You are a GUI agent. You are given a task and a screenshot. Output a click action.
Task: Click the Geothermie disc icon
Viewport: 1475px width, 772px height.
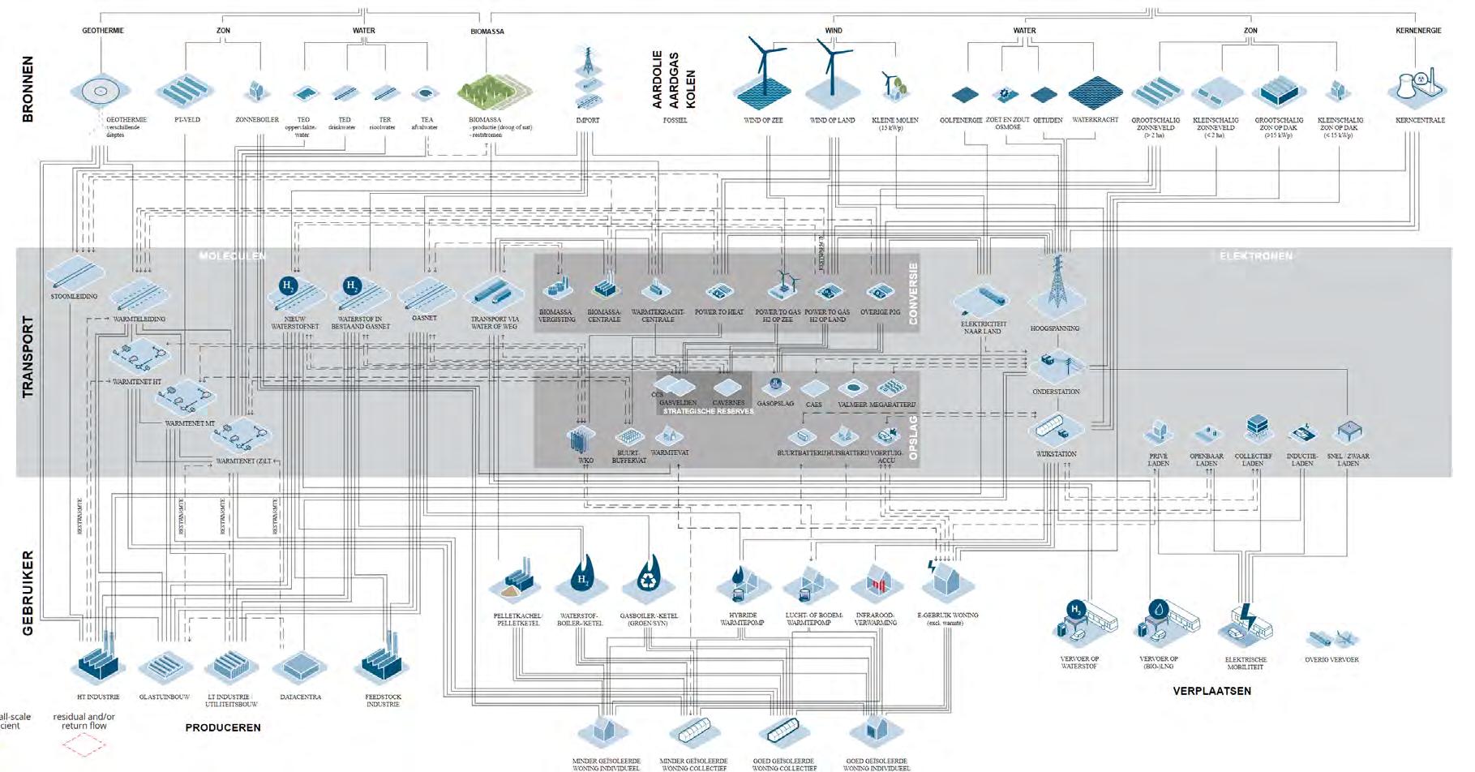101,92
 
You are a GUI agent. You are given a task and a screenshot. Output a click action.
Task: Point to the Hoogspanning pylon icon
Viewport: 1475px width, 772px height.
1057,288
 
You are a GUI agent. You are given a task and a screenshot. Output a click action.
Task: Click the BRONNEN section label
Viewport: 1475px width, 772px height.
28,88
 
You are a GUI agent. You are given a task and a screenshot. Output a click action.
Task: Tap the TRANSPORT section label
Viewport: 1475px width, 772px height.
28,356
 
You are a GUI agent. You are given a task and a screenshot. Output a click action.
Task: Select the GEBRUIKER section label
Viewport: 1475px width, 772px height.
28,593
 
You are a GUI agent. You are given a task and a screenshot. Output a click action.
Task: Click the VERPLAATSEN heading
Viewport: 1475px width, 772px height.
1211,691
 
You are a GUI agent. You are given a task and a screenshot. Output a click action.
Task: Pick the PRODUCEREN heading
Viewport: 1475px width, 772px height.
223,727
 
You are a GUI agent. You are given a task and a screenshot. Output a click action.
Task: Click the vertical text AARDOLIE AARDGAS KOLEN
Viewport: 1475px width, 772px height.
674,79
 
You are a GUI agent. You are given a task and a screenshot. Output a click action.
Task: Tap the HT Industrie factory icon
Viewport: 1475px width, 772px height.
98,665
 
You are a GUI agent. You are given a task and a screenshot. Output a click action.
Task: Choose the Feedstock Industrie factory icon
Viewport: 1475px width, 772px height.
382,665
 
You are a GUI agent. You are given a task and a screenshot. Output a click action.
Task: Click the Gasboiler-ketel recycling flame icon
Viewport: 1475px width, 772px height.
649,581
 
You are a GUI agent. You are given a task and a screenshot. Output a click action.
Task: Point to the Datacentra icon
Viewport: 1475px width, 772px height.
300,667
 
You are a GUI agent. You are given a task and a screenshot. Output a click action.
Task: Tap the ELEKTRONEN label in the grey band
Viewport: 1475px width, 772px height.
1255,256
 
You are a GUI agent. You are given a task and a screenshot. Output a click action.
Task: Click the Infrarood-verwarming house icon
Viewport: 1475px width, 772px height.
877,582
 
